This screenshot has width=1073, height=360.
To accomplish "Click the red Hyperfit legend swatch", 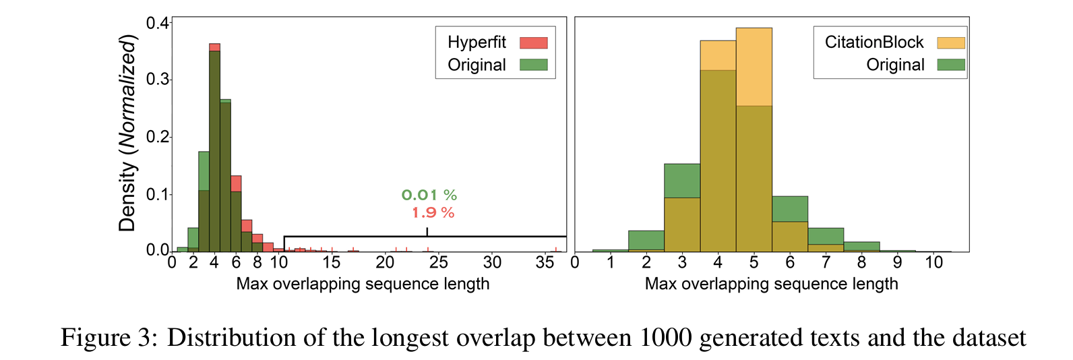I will pos(533,42).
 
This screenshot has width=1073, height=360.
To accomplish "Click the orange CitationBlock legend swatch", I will pos(950,42).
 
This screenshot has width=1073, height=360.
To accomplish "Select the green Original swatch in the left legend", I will pos(533,65).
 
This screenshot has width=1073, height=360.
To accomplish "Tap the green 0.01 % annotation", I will pos(429,196).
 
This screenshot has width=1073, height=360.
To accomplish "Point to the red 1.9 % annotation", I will pos(433,213).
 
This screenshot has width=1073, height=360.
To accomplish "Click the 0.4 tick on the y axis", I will pos(158,24).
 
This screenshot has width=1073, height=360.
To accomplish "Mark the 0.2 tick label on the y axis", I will pos(158,138).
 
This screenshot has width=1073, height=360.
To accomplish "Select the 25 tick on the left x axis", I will pos(439,262).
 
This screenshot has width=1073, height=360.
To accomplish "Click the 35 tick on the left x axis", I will pos(545,262).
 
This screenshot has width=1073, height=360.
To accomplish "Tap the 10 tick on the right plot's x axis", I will pos(933,262).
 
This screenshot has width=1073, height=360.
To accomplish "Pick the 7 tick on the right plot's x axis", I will pos(826,262).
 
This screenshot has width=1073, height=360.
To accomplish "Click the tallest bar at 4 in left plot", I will pos(214,148).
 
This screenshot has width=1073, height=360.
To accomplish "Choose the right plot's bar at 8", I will pos(861,247).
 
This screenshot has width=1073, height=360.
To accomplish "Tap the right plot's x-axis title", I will pos(771,284).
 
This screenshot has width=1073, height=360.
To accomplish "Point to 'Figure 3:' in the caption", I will pos(109,337).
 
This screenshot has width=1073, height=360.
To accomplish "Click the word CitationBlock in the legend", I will pos(874,42).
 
